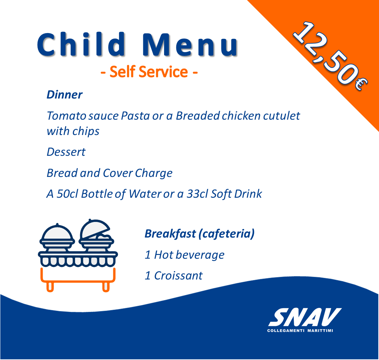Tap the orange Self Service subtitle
pos(149,72)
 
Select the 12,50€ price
pos(330,56)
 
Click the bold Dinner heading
pos(64,94)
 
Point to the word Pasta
pos(135,116)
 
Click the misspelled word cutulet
pos(281,116)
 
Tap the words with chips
pos(73,132)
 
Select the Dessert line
pos(66,152)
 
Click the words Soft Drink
pos(236,194)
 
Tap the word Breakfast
pos(170,234)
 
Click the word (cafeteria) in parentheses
pos(227,234)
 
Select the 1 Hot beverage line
pos(185,255)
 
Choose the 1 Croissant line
pos(174,276)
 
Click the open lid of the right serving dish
pos(94,228)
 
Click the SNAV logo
pos(305,317)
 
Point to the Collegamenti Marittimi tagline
pos(300,331)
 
